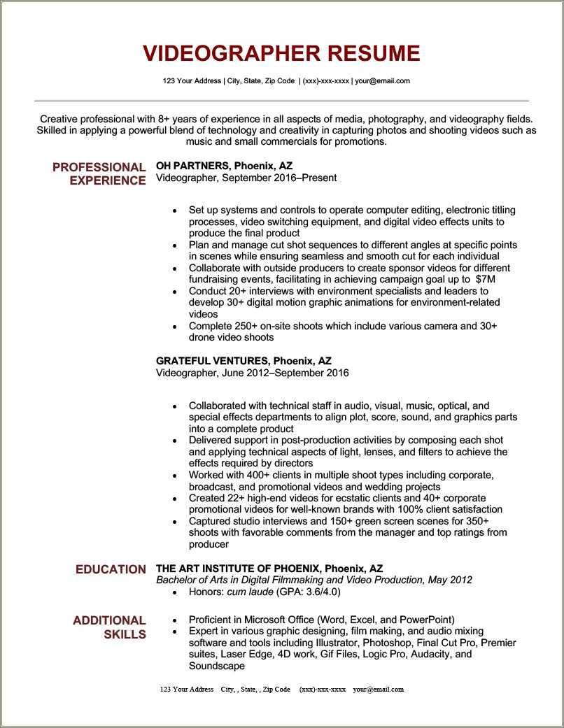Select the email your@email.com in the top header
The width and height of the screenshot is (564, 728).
pos(382,81)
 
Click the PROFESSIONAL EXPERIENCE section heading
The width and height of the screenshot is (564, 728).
pos(99,173)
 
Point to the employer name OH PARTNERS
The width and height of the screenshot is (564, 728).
pos(192,166)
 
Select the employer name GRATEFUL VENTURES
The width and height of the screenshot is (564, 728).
pos(212,361)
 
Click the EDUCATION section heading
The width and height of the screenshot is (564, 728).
pos(111,569)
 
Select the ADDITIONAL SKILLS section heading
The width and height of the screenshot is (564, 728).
pos(109,627)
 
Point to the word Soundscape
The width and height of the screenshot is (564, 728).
pos(217,666)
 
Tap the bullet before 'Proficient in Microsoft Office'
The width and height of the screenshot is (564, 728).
pos(174,620)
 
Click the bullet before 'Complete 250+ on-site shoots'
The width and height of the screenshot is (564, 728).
pos(174,327)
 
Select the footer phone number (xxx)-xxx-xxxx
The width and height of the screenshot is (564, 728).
pos(323,689)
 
